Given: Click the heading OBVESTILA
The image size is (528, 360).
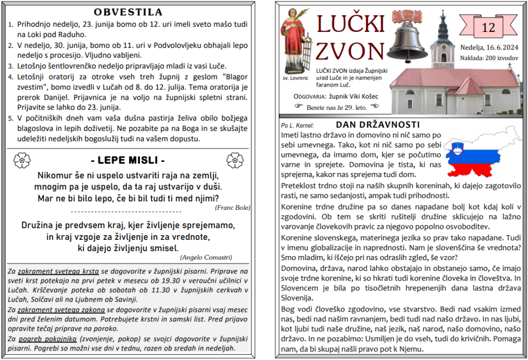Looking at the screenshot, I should (x=128, y=12).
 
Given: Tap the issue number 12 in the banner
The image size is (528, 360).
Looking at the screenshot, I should (x=488, y=27).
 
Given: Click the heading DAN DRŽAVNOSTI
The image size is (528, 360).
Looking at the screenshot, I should (x=377, y=125).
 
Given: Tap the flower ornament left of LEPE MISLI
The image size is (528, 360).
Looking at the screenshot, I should (x=22, y=160).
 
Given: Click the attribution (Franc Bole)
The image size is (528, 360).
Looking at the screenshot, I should (x=232, y=207).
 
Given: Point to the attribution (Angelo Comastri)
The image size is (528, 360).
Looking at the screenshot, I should (x=206, y=257).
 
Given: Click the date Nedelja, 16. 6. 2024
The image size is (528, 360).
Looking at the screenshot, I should (x=488, y=48).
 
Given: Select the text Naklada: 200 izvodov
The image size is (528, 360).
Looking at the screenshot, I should (x=489, y=58).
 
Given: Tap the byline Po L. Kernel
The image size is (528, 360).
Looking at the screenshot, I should (x=298, y=125).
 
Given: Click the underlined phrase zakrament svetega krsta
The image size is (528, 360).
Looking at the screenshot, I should (x=58, y=271).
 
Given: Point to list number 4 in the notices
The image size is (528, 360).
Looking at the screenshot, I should (x=11, y=77).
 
